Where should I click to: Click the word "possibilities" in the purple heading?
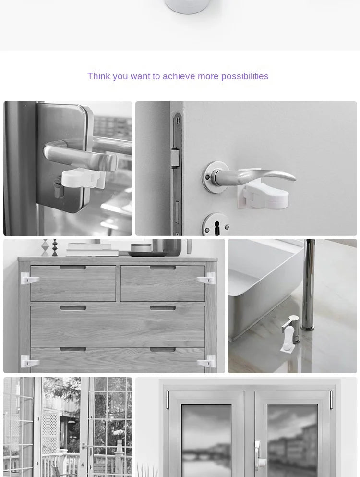coord(245,76)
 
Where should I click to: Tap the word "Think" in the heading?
coord(98,76)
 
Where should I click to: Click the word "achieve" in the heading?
coord(179,76)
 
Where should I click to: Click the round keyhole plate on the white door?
coord(215,224)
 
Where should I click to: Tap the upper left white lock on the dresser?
coord(29,279)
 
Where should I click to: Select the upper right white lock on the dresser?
coord(207,279)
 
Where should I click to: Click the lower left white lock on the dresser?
coord(29,361)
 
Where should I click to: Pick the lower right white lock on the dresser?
coord(207,361)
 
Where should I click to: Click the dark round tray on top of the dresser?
coord(147,254)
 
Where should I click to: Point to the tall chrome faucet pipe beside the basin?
coord(310,283)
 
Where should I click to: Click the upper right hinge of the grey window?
coord(331,400)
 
